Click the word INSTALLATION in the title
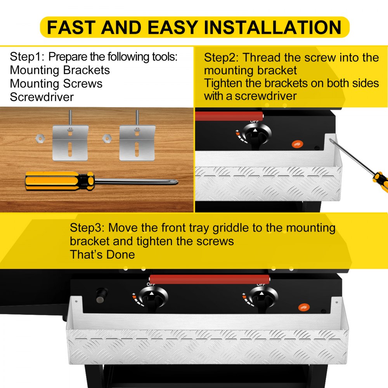click(x=273, y=27)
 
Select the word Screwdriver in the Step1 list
click(x=42, y=97)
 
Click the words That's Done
click(x=102, y=255)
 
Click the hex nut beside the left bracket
click(x=40, y=138)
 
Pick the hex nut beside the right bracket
click(x=107, y=138)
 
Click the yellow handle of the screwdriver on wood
click(x=60, y=181)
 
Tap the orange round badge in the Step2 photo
click(x=297, y=144)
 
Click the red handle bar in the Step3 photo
click(x=210, y=279)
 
